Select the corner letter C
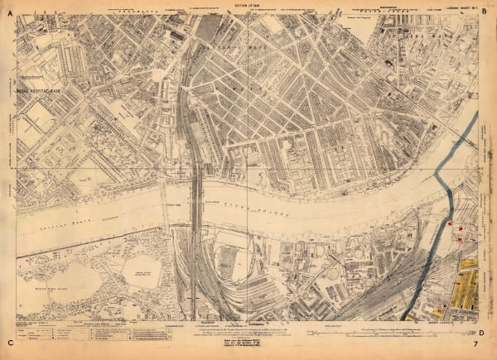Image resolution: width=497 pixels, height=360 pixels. [x=10, y=341]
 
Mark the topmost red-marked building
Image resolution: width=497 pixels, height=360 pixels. [x=452, y=223]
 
